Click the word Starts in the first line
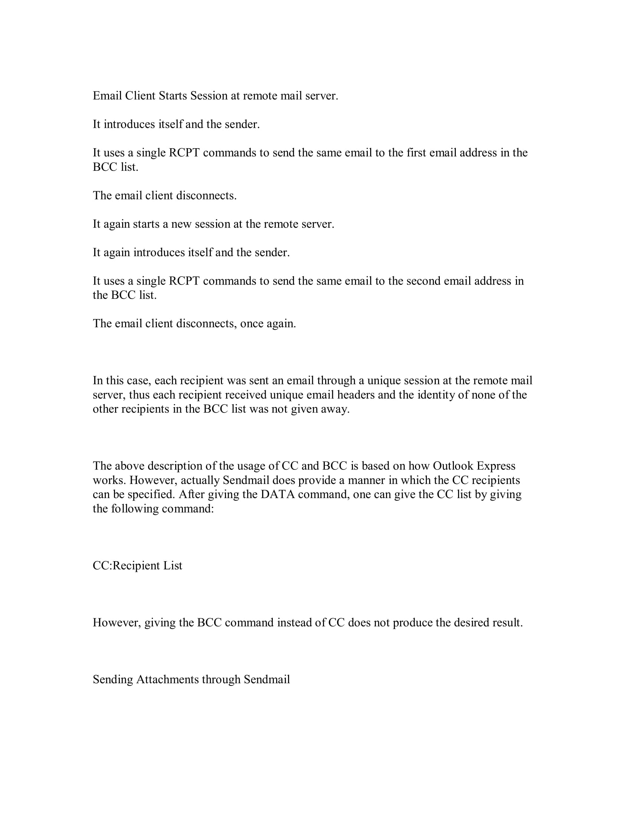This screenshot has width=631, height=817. [173, 96]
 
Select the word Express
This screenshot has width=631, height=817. [497, 466]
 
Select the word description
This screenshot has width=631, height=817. [174, 466]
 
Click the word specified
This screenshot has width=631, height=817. [151, 495]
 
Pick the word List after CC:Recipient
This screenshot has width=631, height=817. [173, 566]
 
